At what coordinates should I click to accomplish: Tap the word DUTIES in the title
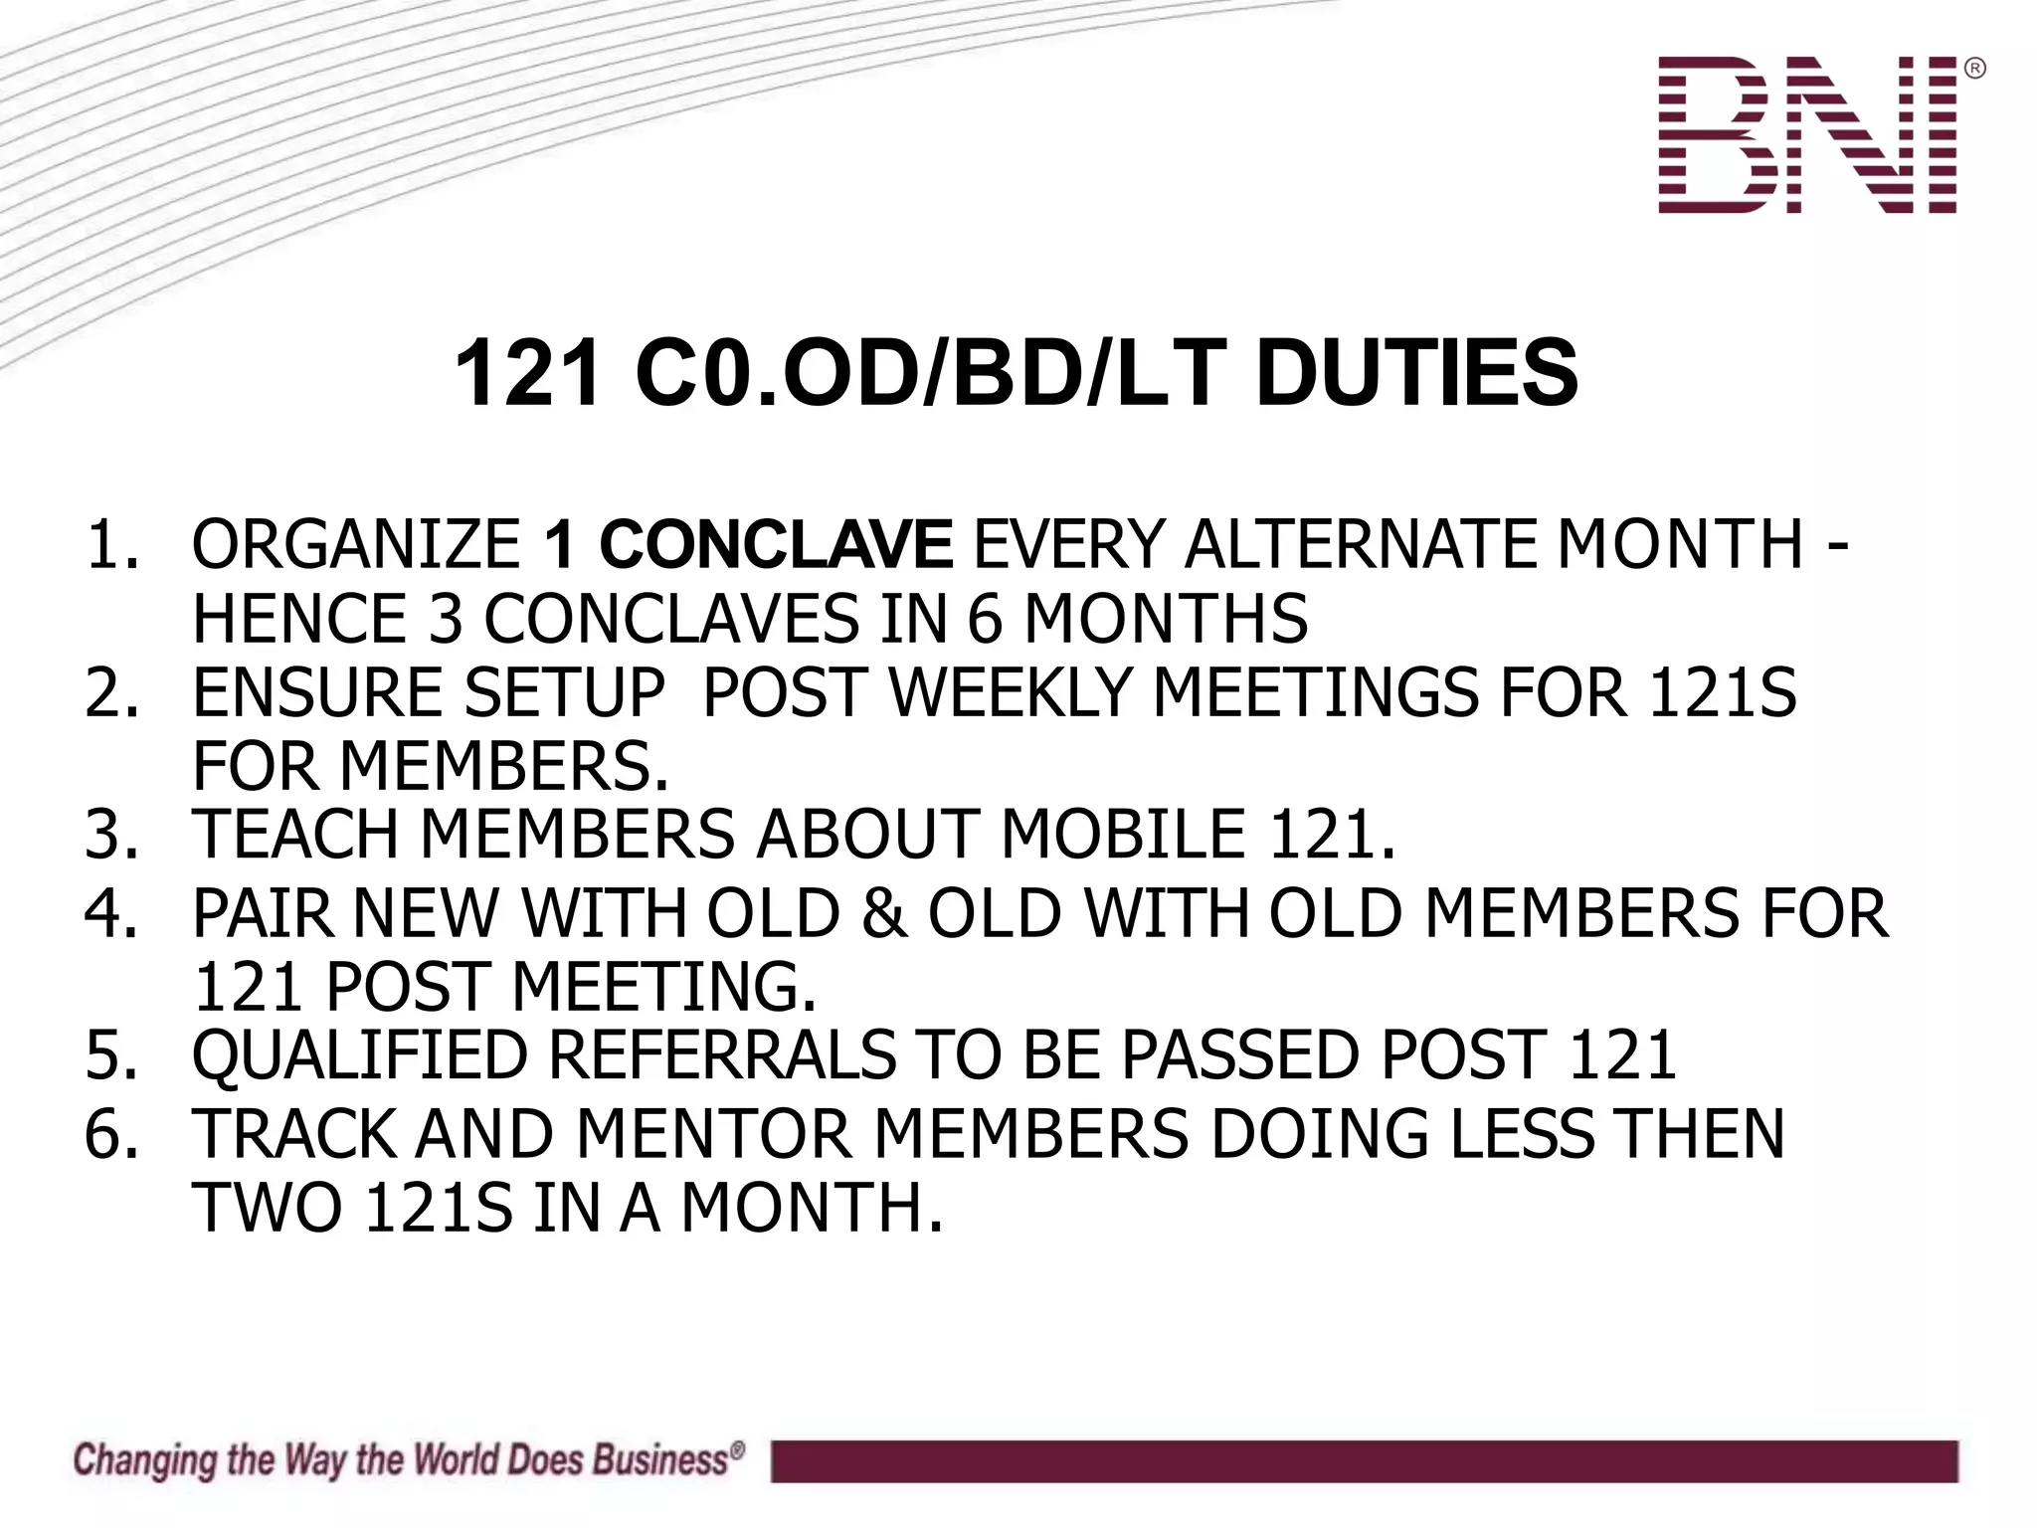pos(1416,373)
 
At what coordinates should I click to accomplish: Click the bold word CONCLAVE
pos(777,545)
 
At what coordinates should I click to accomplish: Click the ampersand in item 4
pos(884,913)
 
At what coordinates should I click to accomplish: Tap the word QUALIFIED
pos(359,1054)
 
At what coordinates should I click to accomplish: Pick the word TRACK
pos(293,1134)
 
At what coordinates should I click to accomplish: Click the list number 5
pos(109,1054)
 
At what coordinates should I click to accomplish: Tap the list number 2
pos(109,692)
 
